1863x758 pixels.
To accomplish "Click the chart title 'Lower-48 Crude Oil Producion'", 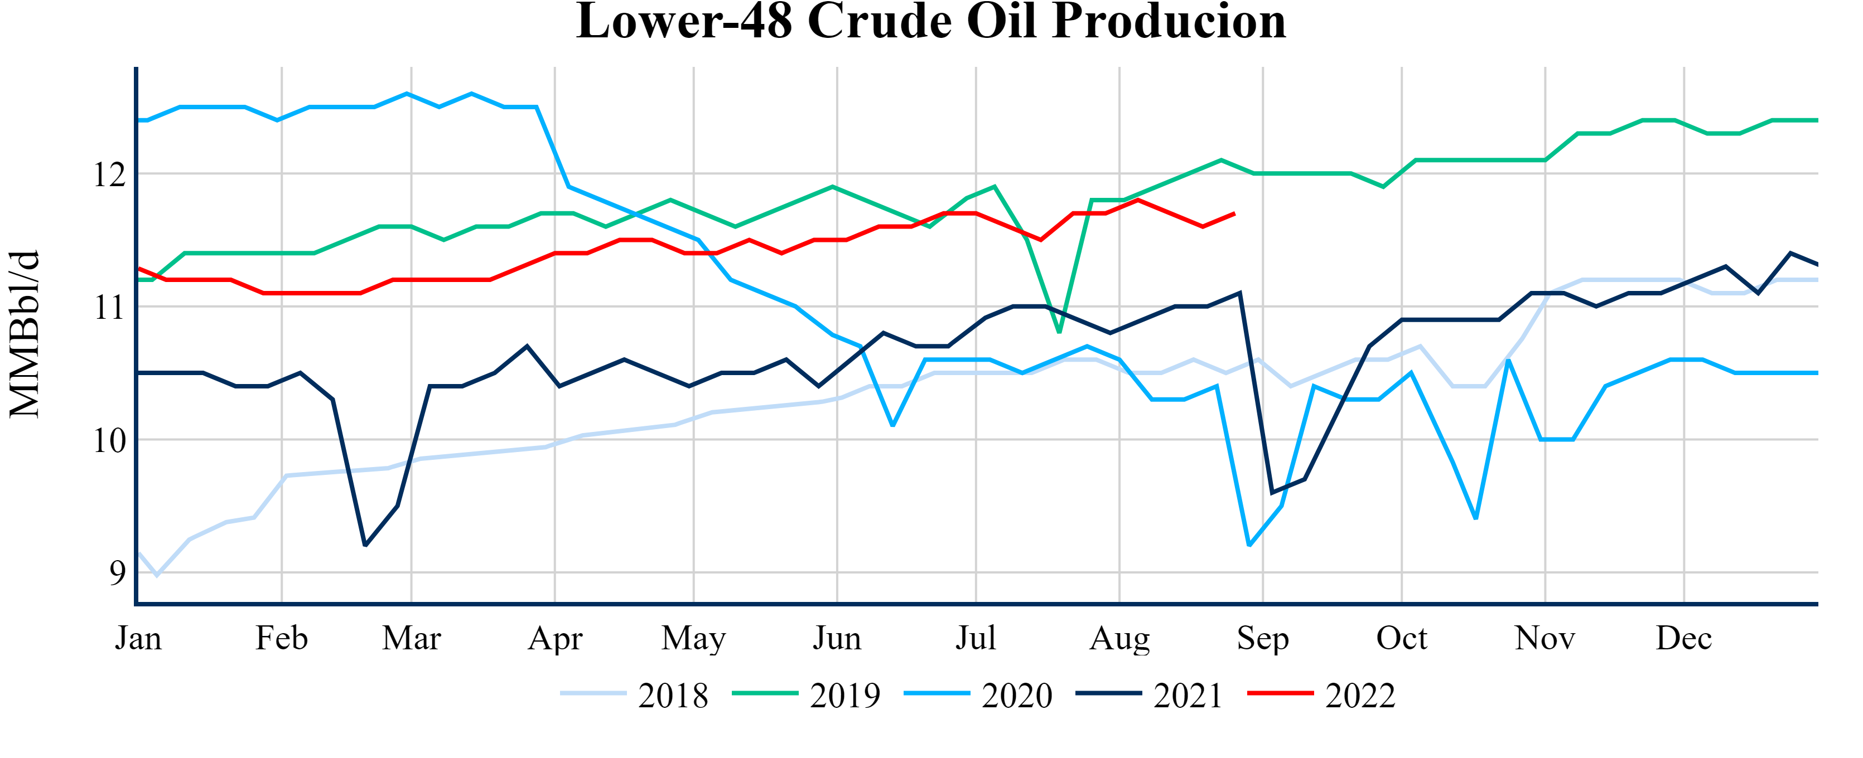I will coord(931,22).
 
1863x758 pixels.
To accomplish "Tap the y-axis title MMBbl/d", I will coord(25,334).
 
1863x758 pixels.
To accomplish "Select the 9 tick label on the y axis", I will coord(117,573).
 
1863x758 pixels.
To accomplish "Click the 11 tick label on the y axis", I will coord(109,308).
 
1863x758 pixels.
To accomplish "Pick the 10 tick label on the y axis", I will coord(109,441).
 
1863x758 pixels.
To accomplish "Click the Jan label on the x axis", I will coord(138,639).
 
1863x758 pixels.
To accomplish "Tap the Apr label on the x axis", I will coord(554,639).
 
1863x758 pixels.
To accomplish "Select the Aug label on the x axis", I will coord(1119,639).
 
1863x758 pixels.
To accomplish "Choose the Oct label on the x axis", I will coord(1402,639).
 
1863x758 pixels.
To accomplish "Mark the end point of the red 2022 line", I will coord(1234,214).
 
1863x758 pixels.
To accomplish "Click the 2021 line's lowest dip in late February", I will coord(365,546).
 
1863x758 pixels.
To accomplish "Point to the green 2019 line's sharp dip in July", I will coord(1059,332).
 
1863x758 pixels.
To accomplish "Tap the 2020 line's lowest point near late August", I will coord(1249,545).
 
